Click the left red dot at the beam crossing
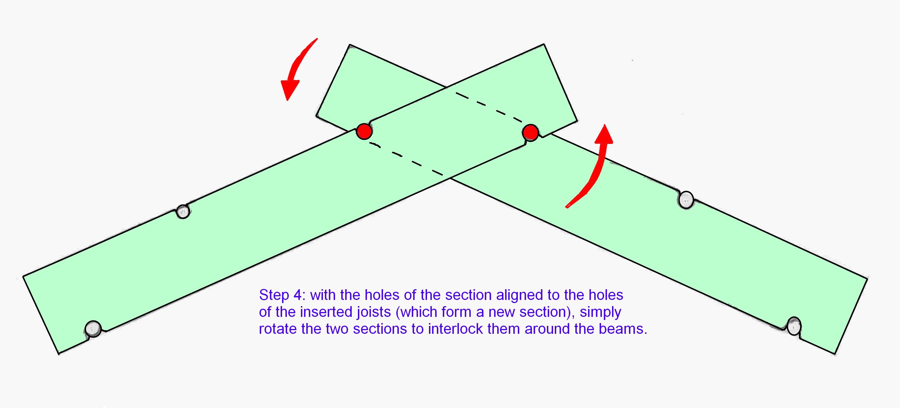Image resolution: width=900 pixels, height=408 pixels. click(364, 131)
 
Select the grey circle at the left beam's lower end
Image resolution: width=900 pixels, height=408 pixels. click(93, 329)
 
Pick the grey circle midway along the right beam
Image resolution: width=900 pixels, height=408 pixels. click(686, 200)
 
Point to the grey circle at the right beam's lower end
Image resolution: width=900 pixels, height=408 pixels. click(794, 326)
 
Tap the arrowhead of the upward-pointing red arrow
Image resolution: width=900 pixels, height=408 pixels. click(604, 135)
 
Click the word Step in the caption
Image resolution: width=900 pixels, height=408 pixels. click(274, 295)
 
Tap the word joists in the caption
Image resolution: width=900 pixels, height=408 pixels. click(373, 312)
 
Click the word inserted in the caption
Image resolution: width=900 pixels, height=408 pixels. click(326, 312)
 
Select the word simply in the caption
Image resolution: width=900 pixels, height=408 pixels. click(600, 312)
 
